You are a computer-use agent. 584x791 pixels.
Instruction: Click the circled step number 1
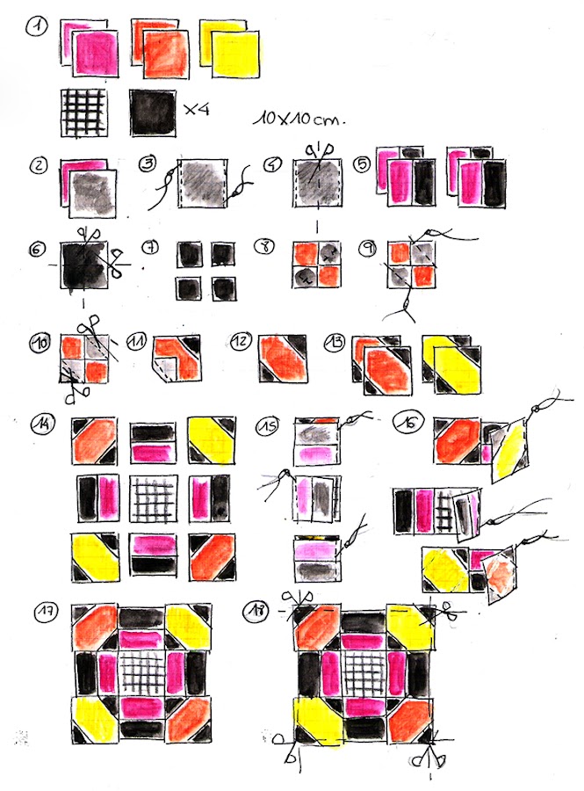click(x=36, y=29)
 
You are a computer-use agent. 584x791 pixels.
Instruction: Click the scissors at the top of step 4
click(x=316, y=150)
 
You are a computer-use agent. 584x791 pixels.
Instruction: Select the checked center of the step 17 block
click(x=138, y=672)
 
